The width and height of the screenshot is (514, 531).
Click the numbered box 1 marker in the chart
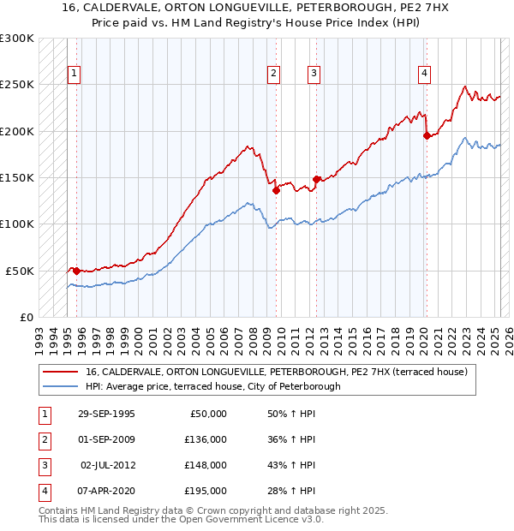click(x=75, y=75)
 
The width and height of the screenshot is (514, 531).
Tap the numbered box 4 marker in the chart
click(x=424, y=75)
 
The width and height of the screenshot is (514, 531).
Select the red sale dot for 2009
click(x=276, y=191)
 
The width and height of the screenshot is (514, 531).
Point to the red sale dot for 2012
click(x=316, y=179)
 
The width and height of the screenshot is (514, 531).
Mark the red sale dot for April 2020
click(x=427, y=135)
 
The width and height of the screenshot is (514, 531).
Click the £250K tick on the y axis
click(x=17, y=85)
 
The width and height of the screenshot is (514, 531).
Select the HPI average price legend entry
click(x=212, y=386)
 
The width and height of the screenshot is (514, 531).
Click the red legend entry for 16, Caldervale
click(x=276, y=372)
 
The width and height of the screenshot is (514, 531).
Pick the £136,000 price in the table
click(x=206, y=439)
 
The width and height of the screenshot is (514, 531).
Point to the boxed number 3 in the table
click(x=43, y=465)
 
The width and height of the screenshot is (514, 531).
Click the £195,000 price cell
click(x=206, y=491)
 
